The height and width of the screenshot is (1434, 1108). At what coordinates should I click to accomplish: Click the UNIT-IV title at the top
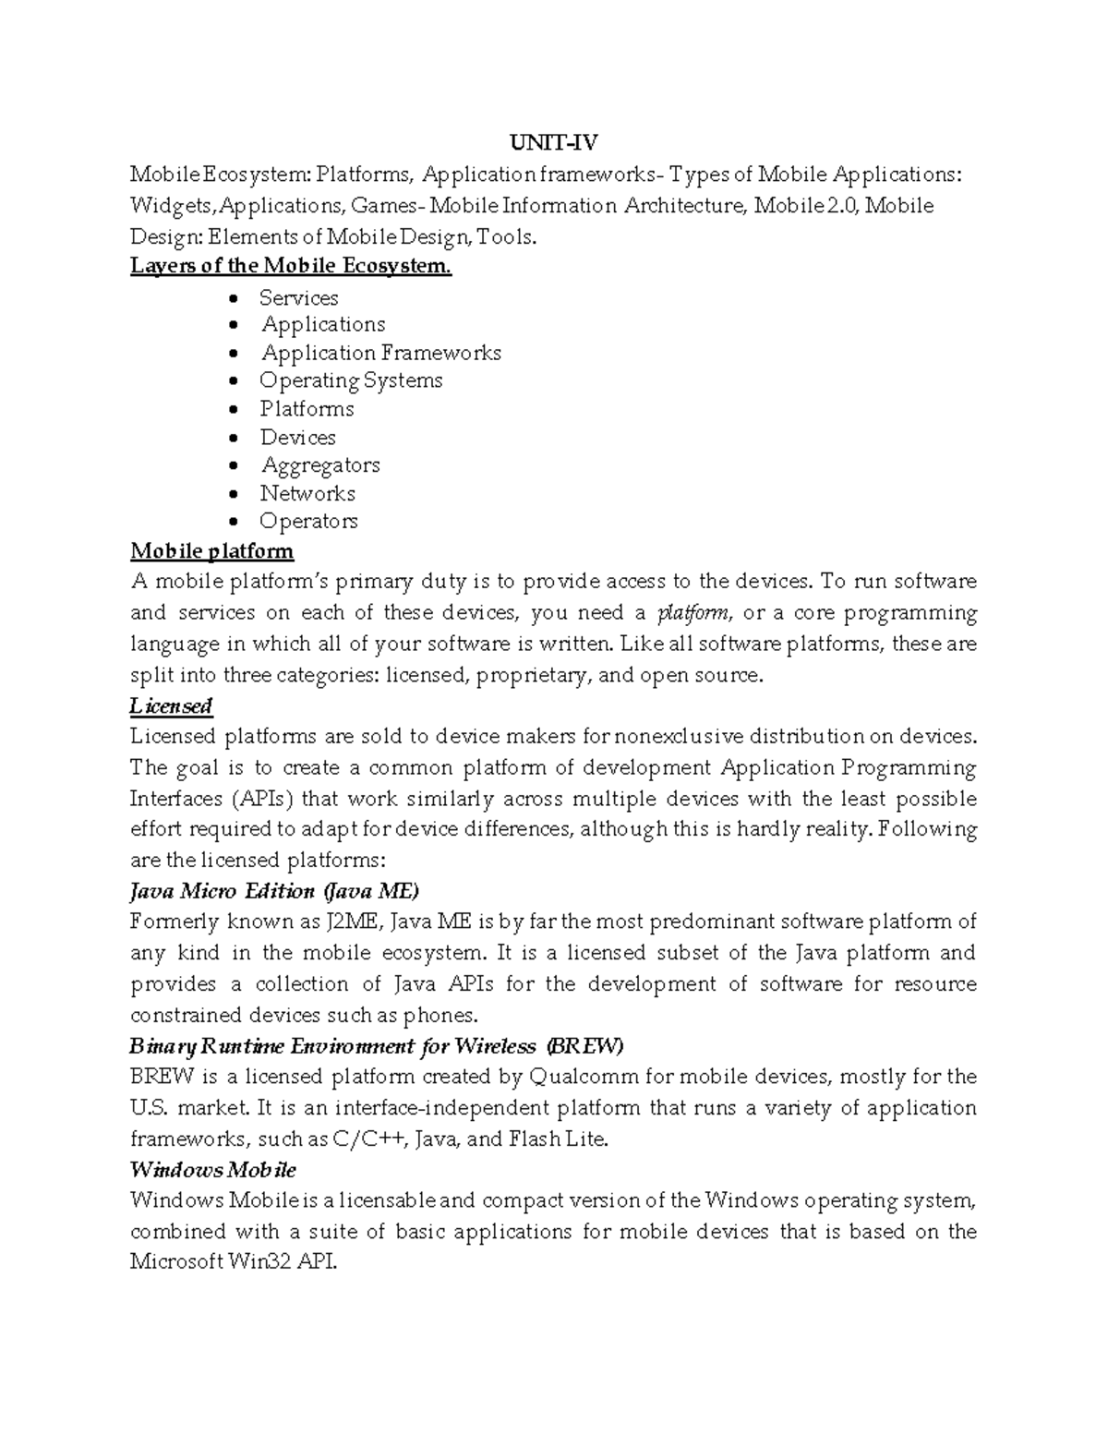click(554, 143)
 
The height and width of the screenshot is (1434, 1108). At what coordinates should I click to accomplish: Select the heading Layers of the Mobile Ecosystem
click(291, 266)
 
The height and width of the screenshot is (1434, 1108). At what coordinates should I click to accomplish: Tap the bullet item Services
click(298, 297)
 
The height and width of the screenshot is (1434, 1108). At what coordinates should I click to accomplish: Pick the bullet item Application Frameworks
click(380, 353)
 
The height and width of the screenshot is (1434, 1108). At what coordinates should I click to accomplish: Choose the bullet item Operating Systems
click(351, 380)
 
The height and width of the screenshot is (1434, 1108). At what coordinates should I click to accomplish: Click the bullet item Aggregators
click(319, 464)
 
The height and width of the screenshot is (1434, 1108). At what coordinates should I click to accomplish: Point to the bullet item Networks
click(307, 493)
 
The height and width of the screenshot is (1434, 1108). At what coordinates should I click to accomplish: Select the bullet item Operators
click(308, 521)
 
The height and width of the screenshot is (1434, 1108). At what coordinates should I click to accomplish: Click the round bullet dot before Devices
click(238, 438)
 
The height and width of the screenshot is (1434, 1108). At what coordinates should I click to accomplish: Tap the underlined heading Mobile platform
click(211, 551)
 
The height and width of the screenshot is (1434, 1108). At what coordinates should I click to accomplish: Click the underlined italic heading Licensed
click(171, 706)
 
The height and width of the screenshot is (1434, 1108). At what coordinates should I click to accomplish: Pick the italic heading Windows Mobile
click(212, 1170)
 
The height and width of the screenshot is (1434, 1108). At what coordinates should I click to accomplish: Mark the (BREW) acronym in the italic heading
click(584, 1046)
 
